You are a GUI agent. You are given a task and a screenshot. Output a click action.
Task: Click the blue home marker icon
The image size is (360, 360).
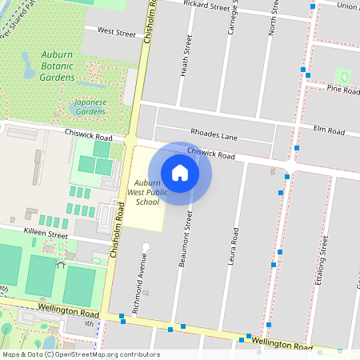click(x=180, y=173)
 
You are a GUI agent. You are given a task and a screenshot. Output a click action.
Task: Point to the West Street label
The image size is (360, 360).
click(x=117, y=32)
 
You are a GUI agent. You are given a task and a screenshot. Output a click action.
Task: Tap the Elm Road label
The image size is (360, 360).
click(x=329, y=130)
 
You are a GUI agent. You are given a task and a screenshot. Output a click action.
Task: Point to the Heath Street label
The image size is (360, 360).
click(x=186, y=56)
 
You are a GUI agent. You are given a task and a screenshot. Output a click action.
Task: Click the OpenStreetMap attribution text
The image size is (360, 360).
click(x=81, y=354)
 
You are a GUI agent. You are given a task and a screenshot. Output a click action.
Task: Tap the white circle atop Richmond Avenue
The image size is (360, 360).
click(x=146, y=246)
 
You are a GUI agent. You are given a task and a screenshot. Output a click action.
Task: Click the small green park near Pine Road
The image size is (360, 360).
click(x=342, y=77)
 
